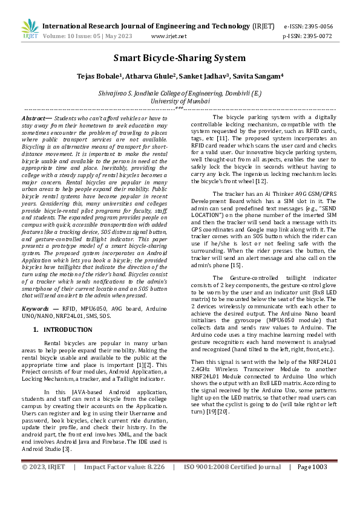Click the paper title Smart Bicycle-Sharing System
[x=180, y=58]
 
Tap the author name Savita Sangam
[x=260, y=77]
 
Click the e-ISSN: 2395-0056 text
[x=308, y=27]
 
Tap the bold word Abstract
[x=33, y=117]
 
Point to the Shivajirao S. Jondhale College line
[x=180, y=94]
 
